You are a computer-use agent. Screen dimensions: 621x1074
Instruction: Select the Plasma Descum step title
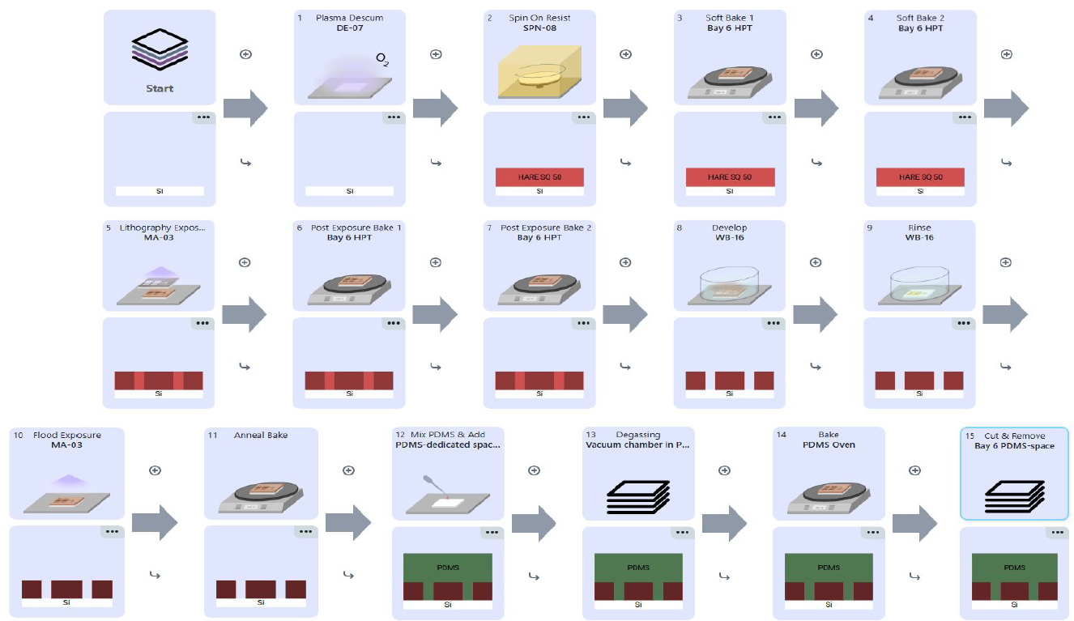click(x=350, y=18)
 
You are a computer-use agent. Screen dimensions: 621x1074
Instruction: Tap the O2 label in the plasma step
click(x=381, y=59)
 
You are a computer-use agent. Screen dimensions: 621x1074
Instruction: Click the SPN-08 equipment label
click(x=539, y=28)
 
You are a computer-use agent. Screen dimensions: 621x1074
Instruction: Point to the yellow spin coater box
click(x=539, y=70)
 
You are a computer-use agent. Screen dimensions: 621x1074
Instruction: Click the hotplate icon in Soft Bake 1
click(x=730, y=78)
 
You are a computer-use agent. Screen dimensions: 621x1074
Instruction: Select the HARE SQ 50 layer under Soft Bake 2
click(x=920, y=177)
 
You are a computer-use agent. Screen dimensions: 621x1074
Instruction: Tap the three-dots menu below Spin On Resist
click(x=583, y=117)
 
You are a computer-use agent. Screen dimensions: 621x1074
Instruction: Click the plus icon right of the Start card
click(x=245, y=54)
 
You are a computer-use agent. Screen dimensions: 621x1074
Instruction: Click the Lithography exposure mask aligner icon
click(x=159, y=283)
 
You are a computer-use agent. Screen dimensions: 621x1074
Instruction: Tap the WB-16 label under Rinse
click(x=919, y=237)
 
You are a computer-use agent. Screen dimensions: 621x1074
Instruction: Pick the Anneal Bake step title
click(x=261, y=435)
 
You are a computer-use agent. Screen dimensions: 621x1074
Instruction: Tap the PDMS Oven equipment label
click(x=829, y=444)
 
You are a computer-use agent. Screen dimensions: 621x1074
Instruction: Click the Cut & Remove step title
click(x=1014, y=436)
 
